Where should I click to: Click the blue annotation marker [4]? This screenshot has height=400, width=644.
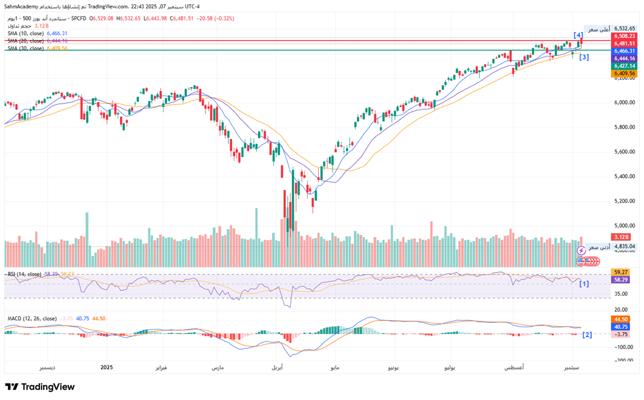(x=579, y=35)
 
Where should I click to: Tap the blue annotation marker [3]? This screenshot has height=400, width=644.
(x=584, y=58)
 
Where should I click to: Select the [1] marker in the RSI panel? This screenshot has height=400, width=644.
(x=584, y=284)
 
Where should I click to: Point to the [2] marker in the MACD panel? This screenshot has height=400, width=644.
(x=586, y=335)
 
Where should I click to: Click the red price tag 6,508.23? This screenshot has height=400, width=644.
(x=624, y=36)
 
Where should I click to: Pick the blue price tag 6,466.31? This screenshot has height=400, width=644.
(x=624, y=51)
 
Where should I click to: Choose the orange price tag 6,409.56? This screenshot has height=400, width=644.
(x=624, y=73)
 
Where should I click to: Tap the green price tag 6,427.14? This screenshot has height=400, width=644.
(x=624, y=65)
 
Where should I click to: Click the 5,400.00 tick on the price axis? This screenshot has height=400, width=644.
(x=624, y=176)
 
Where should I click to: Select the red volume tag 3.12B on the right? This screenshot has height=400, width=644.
(x=620, y=237)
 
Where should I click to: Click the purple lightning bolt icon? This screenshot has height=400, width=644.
(x=582, y=250)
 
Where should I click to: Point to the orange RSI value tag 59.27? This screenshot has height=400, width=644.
(x=620, y=273)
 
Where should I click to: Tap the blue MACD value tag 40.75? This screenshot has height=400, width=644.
(x=620, y=326)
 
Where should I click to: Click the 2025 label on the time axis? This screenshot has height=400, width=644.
(x=107, y=367)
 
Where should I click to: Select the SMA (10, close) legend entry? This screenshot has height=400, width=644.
(x=25, y=33)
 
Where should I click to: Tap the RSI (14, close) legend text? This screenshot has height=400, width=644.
(x=24, y=275)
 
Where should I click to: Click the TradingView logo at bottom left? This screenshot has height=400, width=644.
(x=40, y=387)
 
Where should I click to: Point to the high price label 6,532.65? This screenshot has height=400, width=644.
(x=624, y=28)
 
